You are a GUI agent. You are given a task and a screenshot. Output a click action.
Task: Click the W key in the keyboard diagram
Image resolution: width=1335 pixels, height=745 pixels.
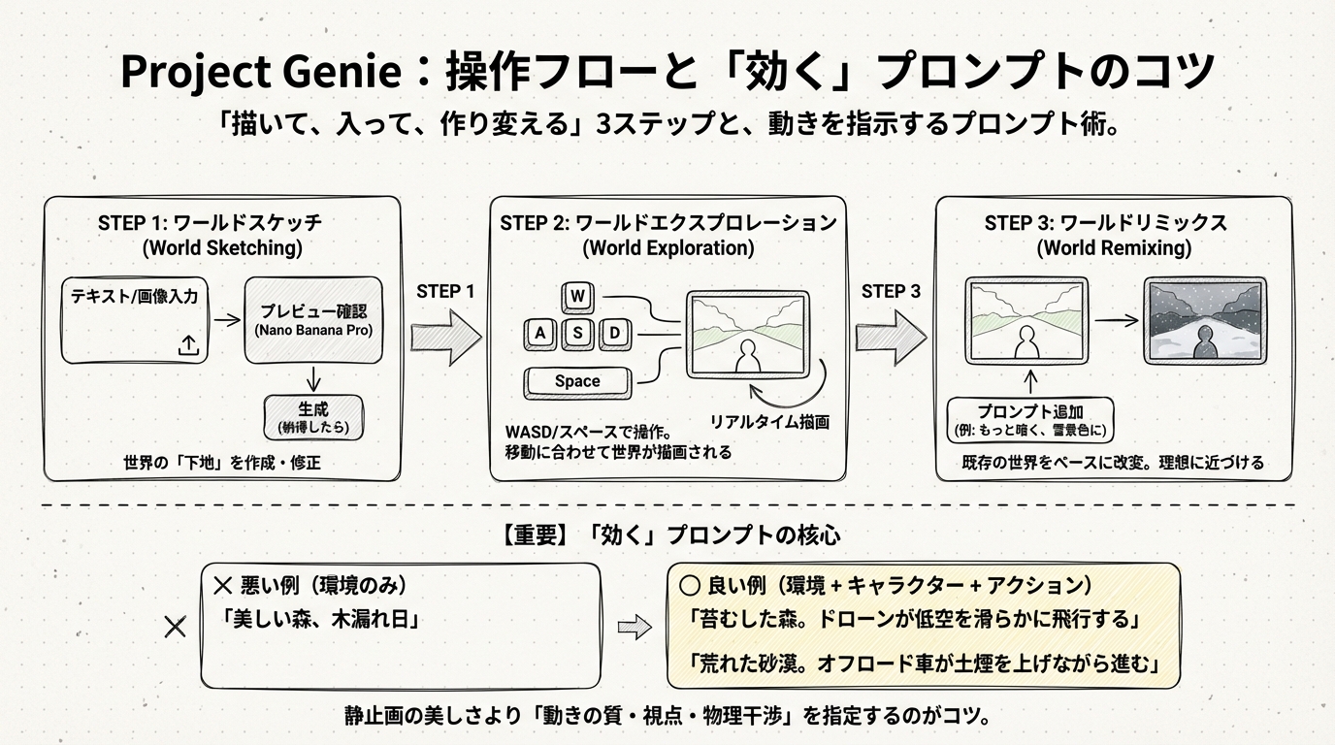(578, 296)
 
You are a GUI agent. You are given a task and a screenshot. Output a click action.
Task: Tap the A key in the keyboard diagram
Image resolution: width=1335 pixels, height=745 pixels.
(538, 335)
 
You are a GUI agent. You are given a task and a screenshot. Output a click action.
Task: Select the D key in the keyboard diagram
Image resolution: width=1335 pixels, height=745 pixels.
(613, 335)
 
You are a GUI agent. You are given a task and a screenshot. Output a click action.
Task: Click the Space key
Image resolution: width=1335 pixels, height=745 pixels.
(577, 382)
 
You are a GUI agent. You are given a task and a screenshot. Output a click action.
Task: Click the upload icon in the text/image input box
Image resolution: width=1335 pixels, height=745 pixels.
(189, 344)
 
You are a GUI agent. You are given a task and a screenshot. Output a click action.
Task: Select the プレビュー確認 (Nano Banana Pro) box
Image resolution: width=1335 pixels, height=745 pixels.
(313, 320)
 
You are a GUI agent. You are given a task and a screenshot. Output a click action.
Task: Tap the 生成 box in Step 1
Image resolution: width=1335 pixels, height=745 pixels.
(313, 417)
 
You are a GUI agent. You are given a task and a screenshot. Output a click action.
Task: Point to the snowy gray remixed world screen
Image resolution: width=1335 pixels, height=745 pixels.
(1204, 321)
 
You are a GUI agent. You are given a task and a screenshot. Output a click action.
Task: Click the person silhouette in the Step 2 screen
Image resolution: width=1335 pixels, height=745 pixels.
(747, 358)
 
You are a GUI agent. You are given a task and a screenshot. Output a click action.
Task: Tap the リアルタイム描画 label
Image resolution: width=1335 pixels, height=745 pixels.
(769, 422)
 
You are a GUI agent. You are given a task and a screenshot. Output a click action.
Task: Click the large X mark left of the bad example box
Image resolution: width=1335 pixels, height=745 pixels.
(176, 627)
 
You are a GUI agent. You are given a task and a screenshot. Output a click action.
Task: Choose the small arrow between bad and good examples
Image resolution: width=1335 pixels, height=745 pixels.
(635, 628)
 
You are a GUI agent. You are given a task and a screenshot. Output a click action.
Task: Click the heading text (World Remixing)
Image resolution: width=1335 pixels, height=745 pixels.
(1114, 248)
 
